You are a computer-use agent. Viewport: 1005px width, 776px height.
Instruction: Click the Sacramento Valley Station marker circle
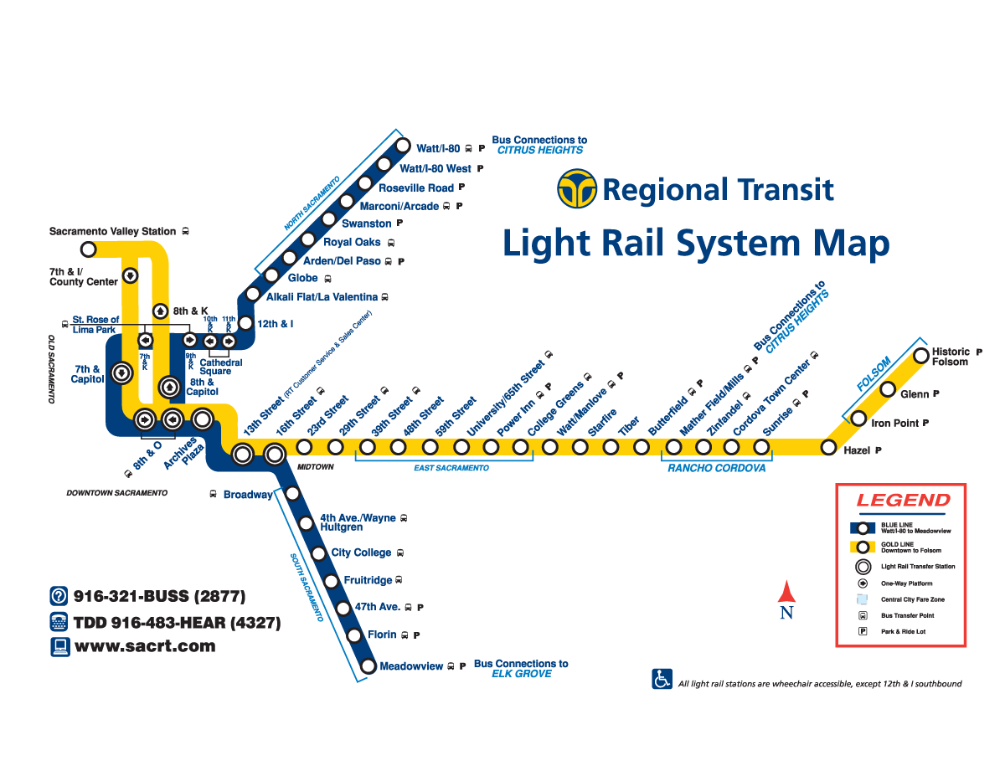(x=88, y=249)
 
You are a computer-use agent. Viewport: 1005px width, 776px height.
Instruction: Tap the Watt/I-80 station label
(x=438, y=149)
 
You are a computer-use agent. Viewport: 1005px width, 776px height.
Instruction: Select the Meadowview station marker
(x=368, y=667)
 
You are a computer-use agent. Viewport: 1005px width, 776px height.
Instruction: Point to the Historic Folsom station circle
(x=920, y=357)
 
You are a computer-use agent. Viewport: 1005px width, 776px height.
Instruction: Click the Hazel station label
(x=857, y=450)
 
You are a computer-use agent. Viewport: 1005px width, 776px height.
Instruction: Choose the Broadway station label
(x=247, y=495)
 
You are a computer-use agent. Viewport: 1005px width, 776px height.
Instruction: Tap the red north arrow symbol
(x=786, y=593)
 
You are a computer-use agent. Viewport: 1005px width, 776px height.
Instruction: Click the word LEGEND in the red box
(x=903, y=501)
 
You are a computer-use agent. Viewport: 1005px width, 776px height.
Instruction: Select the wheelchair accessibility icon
(x=662, y=679)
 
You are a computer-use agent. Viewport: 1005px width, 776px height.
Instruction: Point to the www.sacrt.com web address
(x=145, y=646)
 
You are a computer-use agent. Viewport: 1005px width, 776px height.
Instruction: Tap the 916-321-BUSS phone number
(x=159, y=597)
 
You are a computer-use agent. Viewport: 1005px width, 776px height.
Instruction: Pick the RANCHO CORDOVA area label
(x=716, y=469)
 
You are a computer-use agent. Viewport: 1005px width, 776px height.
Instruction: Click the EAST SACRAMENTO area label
(x=451, y=469)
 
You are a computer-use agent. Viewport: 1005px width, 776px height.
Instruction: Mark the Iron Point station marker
(x=858, y=419)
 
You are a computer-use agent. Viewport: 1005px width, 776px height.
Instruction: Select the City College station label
(x=361, y=552)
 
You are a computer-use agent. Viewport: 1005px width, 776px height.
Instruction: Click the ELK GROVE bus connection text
(x=521, y=674)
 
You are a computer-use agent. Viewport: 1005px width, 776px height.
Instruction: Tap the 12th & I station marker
(x=245, y=323)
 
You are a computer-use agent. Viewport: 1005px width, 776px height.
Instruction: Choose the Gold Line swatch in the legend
(x=863, y=547)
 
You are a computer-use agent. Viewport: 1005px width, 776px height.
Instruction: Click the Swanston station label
(x=366, y=224)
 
